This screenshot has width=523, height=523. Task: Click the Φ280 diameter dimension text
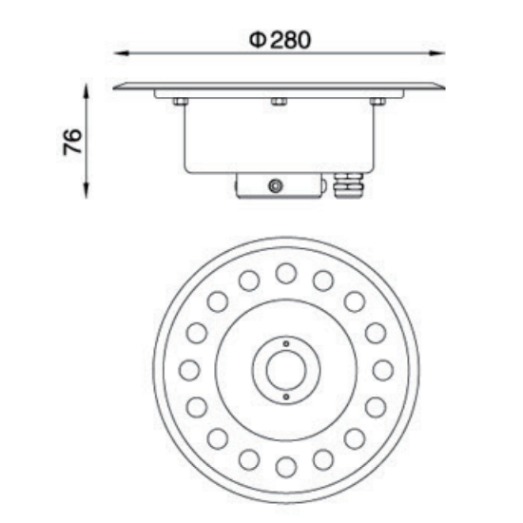click(281, 40)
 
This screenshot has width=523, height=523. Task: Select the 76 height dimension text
click(72, 142)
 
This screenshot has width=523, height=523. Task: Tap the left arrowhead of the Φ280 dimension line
click(122, 53)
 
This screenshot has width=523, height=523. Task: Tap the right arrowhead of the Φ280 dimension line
click(437, 53)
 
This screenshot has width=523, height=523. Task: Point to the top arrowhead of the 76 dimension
click(87, 91)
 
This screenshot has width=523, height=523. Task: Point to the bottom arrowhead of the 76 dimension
click(87, 190)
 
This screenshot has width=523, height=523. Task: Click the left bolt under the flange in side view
click(181, 102)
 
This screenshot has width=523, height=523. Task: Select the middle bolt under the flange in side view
click(279, 102)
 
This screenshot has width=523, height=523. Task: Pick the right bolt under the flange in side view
click(378, 102)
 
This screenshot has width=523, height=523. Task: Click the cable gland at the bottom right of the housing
click(349, 185)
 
